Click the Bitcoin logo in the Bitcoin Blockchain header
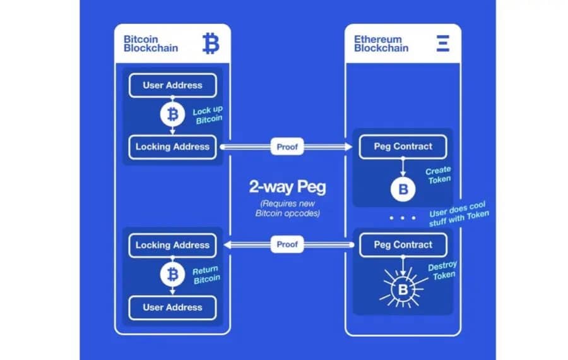click(211, 43)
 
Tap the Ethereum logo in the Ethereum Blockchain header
click(442, 43)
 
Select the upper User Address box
click(172, 85)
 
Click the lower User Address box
click(172, 308)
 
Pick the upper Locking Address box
click(172, 147)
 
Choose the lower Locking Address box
click(172, 245)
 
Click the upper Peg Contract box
click(403, 147)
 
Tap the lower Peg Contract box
click(403, 245)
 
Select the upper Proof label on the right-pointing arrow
click(287, 147)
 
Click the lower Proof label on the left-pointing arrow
click(287, 244)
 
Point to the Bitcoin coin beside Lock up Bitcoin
click(172, 115)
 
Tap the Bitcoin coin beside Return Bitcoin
click(172, 275)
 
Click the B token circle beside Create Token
click(403, 189)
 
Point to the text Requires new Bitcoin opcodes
click(287, 208)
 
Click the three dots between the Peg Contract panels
click(403, 218)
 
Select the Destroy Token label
click(442, 270)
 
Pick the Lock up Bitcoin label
click(208, 115)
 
